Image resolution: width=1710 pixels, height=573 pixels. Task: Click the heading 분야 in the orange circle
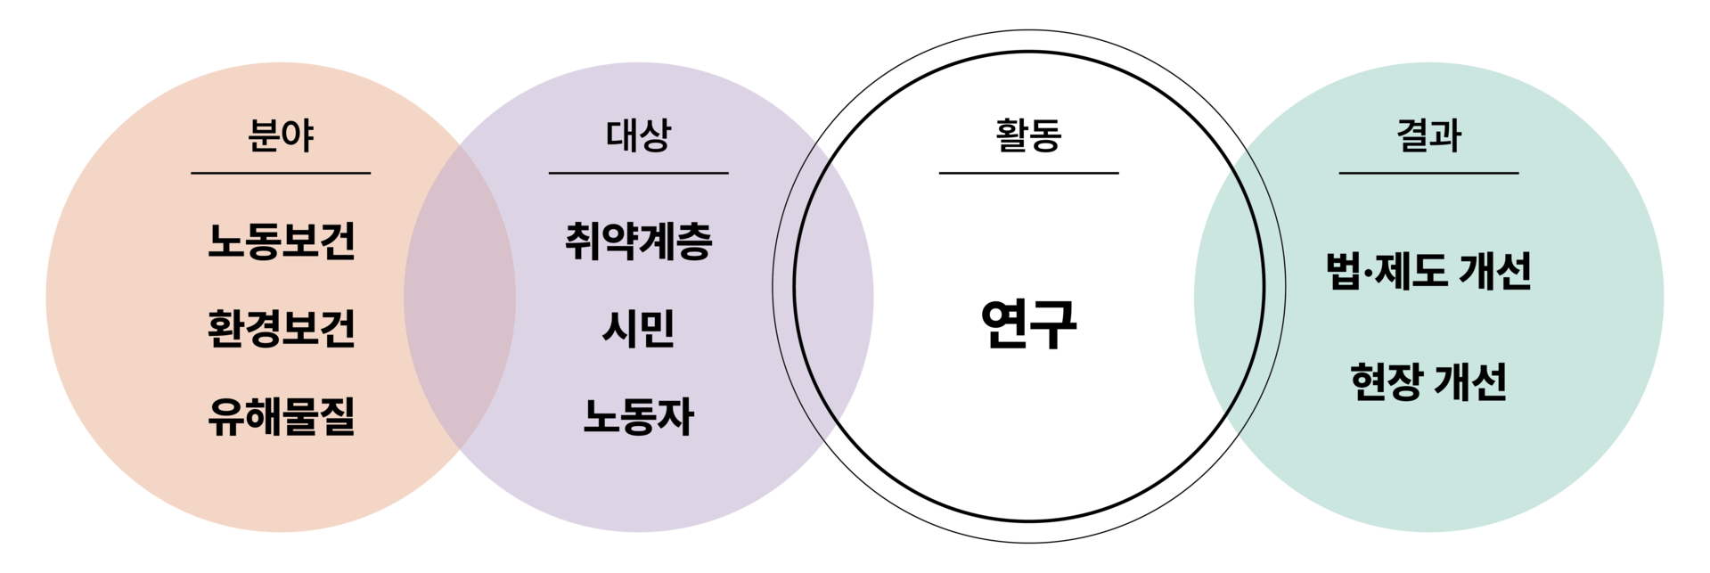pos(281,136)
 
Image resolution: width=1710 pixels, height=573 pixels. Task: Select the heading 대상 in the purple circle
pos(638,136)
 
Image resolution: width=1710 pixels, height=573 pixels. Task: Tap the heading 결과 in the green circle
pos(1428,136)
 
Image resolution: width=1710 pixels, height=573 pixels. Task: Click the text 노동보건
pos(281,241)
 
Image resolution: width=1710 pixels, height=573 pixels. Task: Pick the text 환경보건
pos(281,329)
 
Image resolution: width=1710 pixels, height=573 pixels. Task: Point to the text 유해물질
pos(281,416)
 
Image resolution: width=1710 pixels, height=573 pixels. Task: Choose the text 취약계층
pos(638,241)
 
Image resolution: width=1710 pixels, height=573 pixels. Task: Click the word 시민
pos(638,329)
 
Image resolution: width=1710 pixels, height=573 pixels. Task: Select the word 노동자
pos(638,416)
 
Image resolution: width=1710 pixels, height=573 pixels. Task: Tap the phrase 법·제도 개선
pos(1428,271)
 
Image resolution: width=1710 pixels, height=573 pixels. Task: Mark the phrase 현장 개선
pos(1428,382)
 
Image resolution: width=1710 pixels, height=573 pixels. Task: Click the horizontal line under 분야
pos(281,173)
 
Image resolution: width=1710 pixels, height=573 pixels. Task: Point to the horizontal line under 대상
pos(638,173)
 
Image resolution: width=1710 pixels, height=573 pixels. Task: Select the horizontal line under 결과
pos(1428,173)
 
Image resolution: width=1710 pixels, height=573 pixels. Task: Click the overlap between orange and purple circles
pos(461,297)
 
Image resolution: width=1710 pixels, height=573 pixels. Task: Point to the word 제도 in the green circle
pos(1411,271)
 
